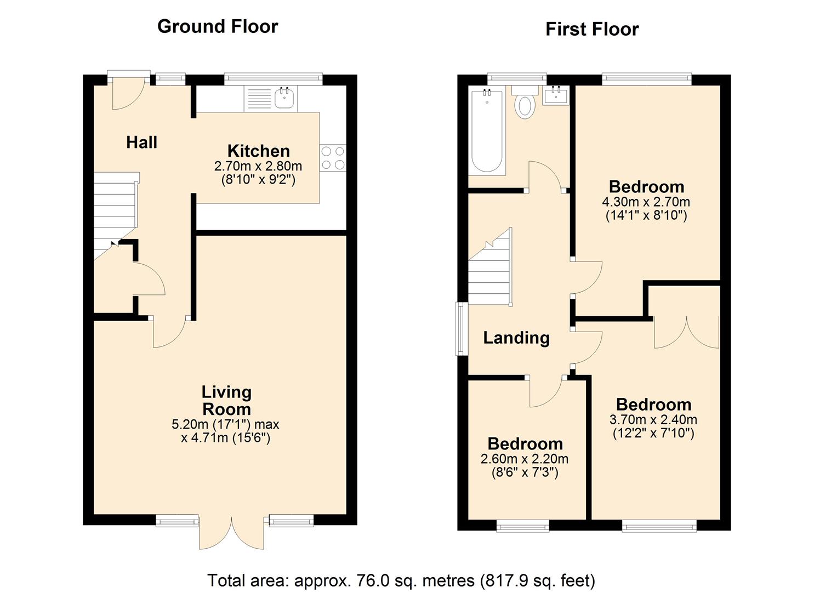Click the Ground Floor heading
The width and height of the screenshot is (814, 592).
click(x=218, y=27)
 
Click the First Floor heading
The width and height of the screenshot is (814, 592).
click(x=592, y=30)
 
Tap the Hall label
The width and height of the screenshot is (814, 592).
click(x=142, y=142)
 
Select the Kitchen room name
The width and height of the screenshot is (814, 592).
click(x=258, y=151)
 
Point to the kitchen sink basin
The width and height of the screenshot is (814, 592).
click(x=284, y=98)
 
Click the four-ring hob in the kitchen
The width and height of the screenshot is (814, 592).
click(x=333, y=158)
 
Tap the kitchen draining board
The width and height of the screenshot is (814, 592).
click(x=259, y=98)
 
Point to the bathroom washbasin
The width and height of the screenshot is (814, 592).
click(x=556, y=95)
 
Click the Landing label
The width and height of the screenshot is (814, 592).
click(x=516, y=338)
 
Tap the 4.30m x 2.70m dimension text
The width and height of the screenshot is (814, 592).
click(x=646, y=202)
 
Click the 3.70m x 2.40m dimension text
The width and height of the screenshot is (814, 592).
click(x=653, y=420)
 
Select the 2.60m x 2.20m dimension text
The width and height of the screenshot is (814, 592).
click(x=525, y=459)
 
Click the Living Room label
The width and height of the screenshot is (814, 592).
click(x=226, y=401)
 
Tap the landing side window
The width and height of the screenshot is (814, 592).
click(x=462, y=328)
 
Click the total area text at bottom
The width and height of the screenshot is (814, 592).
click(x=401, y=580)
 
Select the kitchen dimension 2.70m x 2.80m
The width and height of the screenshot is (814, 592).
click(x=258, y=166)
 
